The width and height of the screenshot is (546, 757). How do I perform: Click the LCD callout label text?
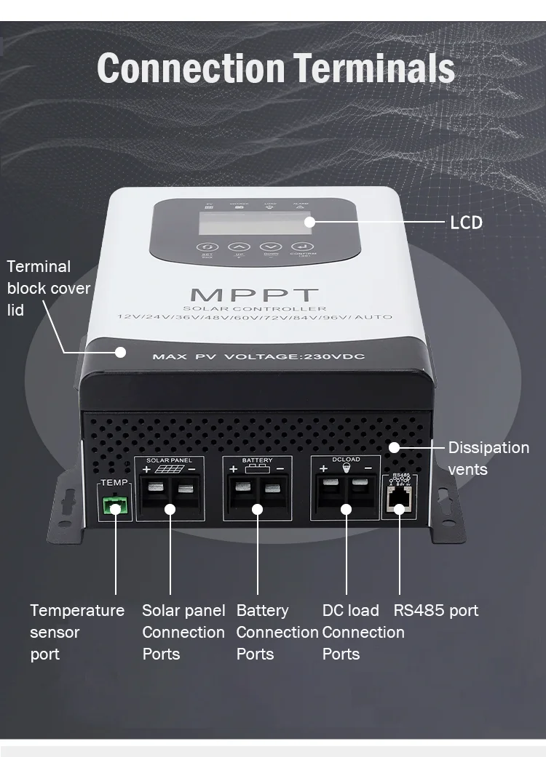click(x=467, y=222)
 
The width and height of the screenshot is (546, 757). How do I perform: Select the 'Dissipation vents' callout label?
click(x=488, y=458)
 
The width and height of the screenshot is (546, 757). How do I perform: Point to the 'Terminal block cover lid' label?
click(x=48, y=288)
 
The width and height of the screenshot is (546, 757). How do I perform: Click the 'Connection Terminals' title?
click(x=276, y=68)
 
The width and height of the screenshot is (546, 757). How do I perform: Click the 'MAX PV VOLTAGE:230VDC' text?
click(x=258, y=356)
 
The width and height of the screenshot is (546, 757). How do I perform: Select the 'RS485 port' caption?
click(x=436, y=610)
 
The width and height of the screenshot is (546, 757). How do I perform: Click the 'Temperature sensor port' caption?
click(x=76, y=632)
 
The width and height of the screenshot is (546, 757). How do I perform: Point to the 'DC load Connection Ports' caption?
click(x=363, y=632)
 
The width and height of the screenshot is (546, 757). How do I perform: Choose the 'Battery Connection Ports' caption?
click(x=277, y=632)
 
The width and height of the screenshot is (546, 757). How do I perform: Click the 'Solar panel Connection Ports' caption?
click(x=183, y=632)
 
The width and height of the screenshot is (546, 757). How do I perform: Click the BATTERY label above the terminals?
click(x=257, y=461)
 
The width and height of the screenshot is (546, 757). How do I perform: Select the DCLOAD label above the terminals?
click(x=345, y=460)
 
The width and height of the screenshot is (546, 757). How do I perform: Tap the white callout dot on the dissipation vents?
click(x=395, y=447)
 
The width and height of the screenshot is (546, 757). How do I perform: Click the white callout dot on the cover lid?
click(x=121, y=353)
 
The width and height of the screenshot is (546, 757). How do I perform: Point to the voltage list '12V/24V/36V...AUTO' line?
click(x=254, y=317)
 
